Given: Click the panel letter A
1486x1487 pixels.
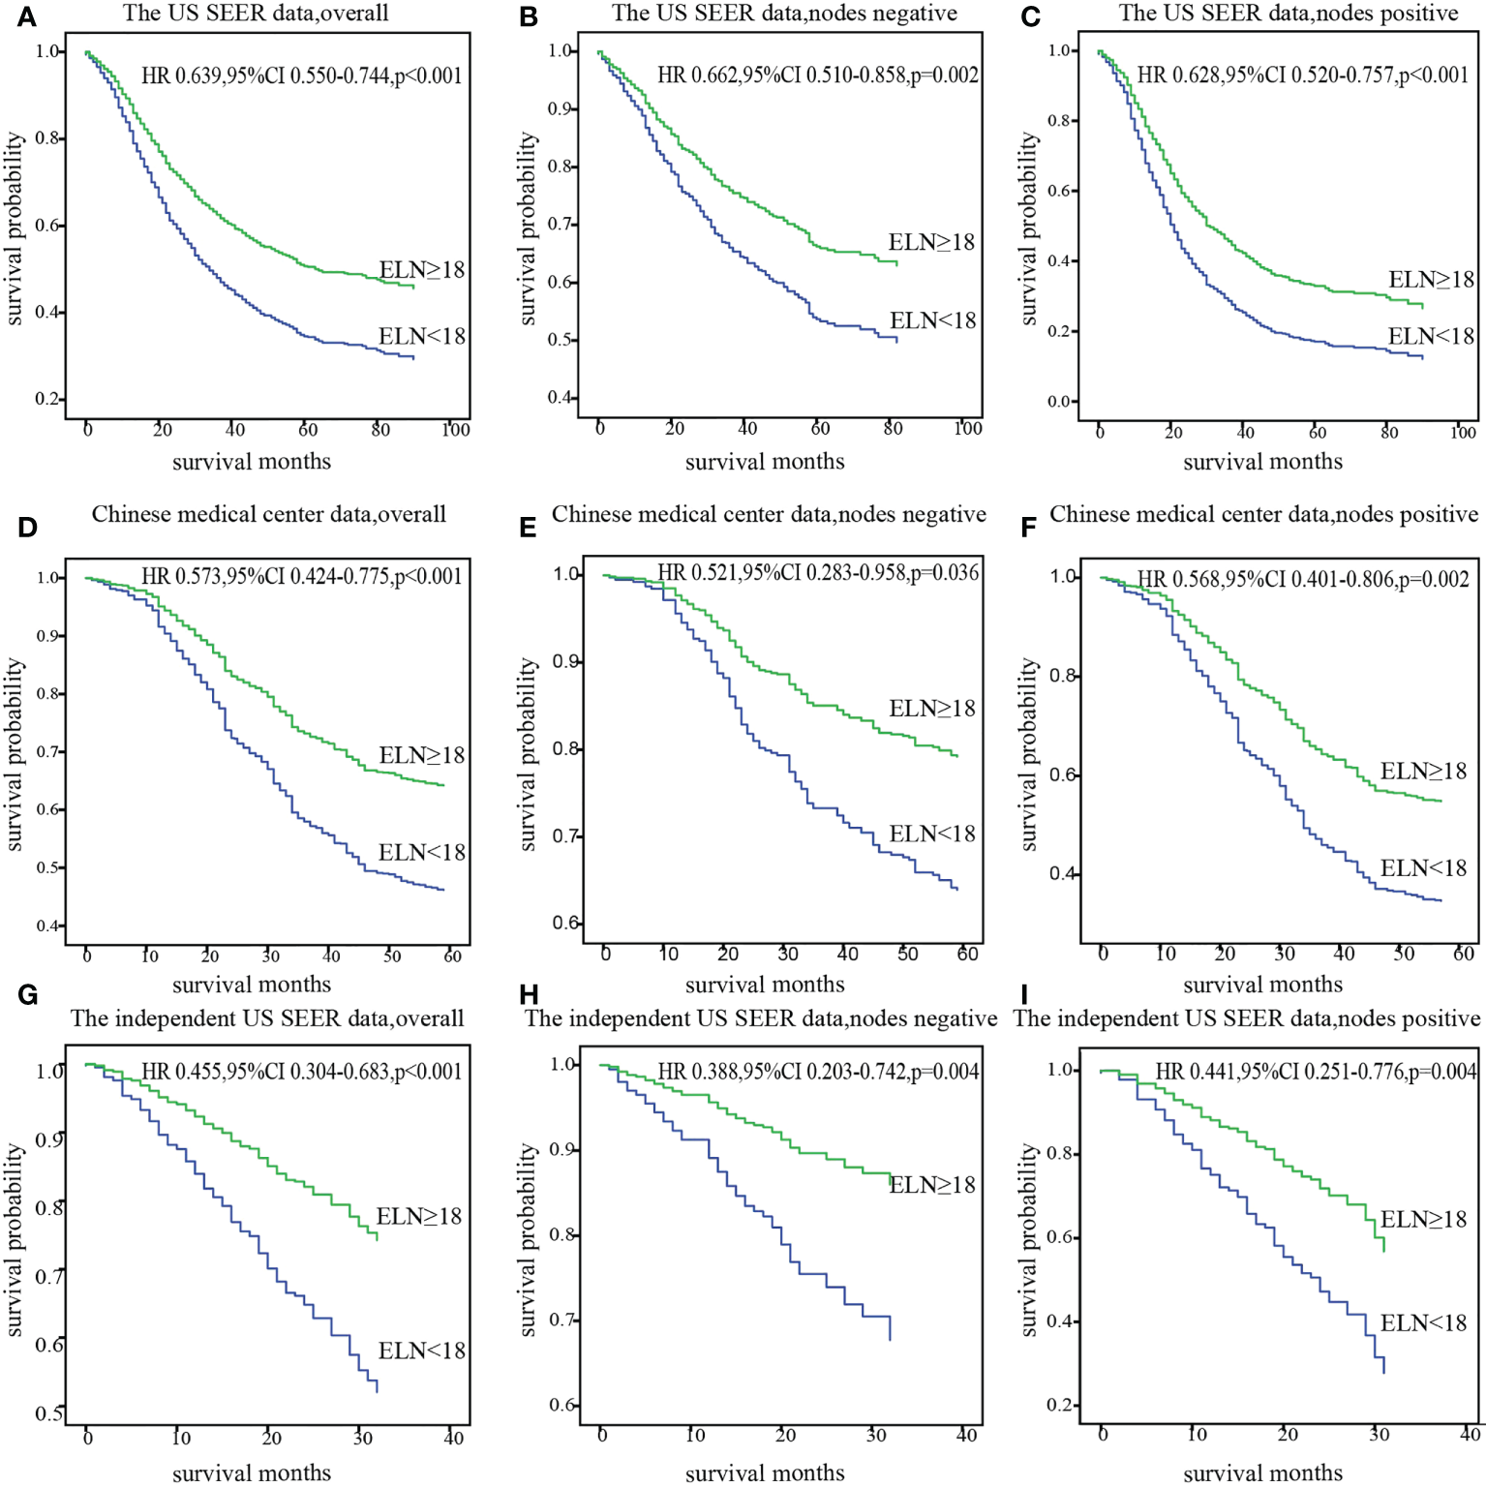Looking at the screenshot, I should coord(26,17).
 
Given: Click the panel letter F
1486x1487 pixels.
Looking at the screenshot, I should coord(1028,528).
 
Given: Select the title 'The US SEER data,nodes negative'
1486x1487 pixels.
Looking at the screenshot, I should coord(784,14).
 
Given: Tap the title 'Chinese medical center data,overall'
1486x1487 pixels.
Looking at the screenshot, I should coord(269,514).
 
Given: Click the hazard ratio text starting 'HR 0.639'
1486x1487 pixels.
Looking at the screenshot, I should coord(301,76).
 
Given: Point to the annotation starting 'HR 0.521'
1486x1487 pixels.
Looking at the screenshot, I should coord(818,572).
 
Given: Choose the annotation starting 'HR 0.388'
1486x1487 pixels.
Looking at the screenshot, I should coord(818,1071).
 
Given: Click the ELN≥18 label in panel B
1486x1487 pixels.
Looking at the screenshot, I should coord(931,242).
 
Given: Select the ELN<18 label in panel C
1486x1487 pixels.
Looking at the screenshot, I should coord(1431,336).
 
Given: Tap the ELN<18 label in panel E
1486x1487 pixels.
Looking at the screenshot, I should coord(932,834).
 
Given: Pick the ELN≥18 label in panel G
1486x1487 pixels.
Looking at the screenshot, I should coord(419,1216).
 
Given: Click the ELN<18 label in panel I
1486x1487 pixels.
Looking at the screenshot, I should coord(1423,1322).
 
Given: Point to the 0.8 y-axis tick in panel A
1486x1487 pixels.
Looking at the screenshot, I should coord(48,138).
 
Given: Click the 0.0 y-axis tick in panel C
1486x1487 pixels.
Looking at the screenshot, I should coord(1059,402).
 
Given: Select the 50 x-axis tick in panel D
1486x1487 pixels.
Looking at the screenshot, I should coord(392,956).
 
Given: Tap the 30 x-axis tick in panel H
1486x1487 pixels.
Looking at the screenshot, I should coord(876,1435).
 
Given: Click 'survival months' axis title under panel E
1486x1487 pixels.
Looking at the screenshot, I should coord(765,985).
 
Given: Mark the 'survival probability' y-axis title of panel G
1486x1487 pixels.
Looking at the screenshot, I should coord(15,1239).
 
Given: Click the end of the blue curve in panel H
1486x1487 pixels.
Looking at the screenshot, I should coord(890,1339).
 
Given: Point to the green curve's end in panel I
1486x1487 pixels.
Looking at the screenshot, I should coord(1383,1251).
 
